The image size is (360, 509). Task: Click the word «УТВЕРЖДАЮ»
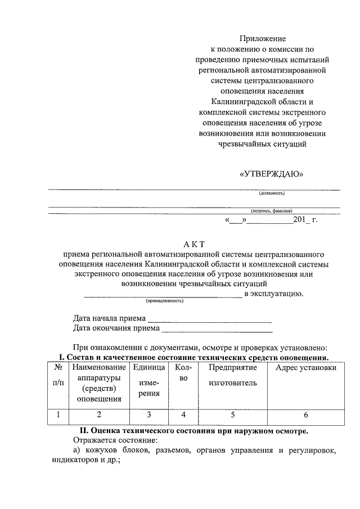point(271,174)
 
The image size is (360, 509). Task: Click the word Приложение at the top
point(263,39)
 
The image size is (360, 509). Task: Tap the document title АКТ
point(195,244)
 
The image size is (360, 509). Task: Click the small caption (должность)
point(272,193)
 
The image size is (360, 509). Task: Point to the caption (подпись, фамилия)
point(272,211)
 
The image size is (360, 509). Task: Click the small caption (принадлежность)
point(165,300)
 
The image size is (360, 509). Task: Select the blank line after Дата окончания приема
point(217,328)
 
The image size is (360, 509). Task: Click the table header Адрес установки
point(305,367)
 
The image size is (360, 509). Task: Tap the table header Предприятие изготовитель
point(233,375)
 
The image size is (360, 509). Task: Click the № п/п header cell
point(58,375)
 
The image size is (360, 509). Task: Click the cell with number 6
point(305,416)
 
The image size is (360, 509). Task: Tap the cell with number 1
point(58,416)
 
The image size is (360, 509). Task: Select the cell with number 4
point(183,416)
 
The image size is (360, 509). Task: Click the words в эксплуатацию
point(274,293)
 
